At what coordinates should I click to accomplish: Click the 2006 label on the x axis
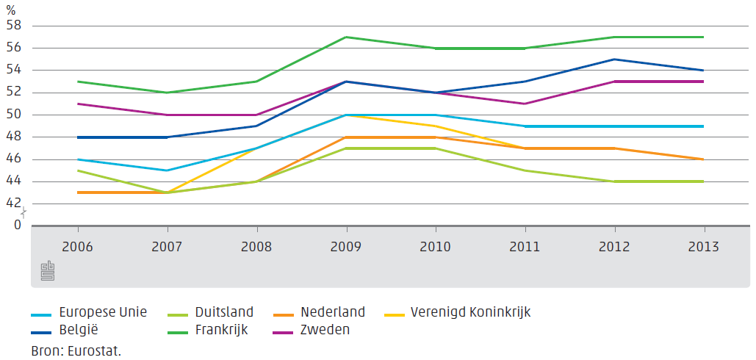[77, 245]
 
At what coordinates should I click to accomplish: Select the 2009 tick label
[346, 245]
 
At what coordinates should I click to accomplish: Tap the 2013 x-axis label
[704, 245]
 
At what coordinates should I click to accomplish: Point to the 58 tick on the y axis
[15, 26]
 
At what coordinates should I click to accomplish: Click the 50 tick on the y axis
[15, 115]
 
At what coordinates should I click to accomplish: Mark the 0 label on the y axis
[18, 226]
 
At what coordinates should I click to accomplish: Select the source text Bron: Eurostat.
[76, 350]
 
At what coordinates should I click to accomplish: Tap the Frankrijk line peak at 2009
[346, 37]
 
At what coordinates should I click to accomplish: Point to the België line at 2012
[614, 60]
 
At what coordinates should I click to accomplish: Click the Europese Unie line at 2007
[168, 170]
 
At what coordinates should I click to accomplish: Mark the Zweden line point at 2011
[525, 104]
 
